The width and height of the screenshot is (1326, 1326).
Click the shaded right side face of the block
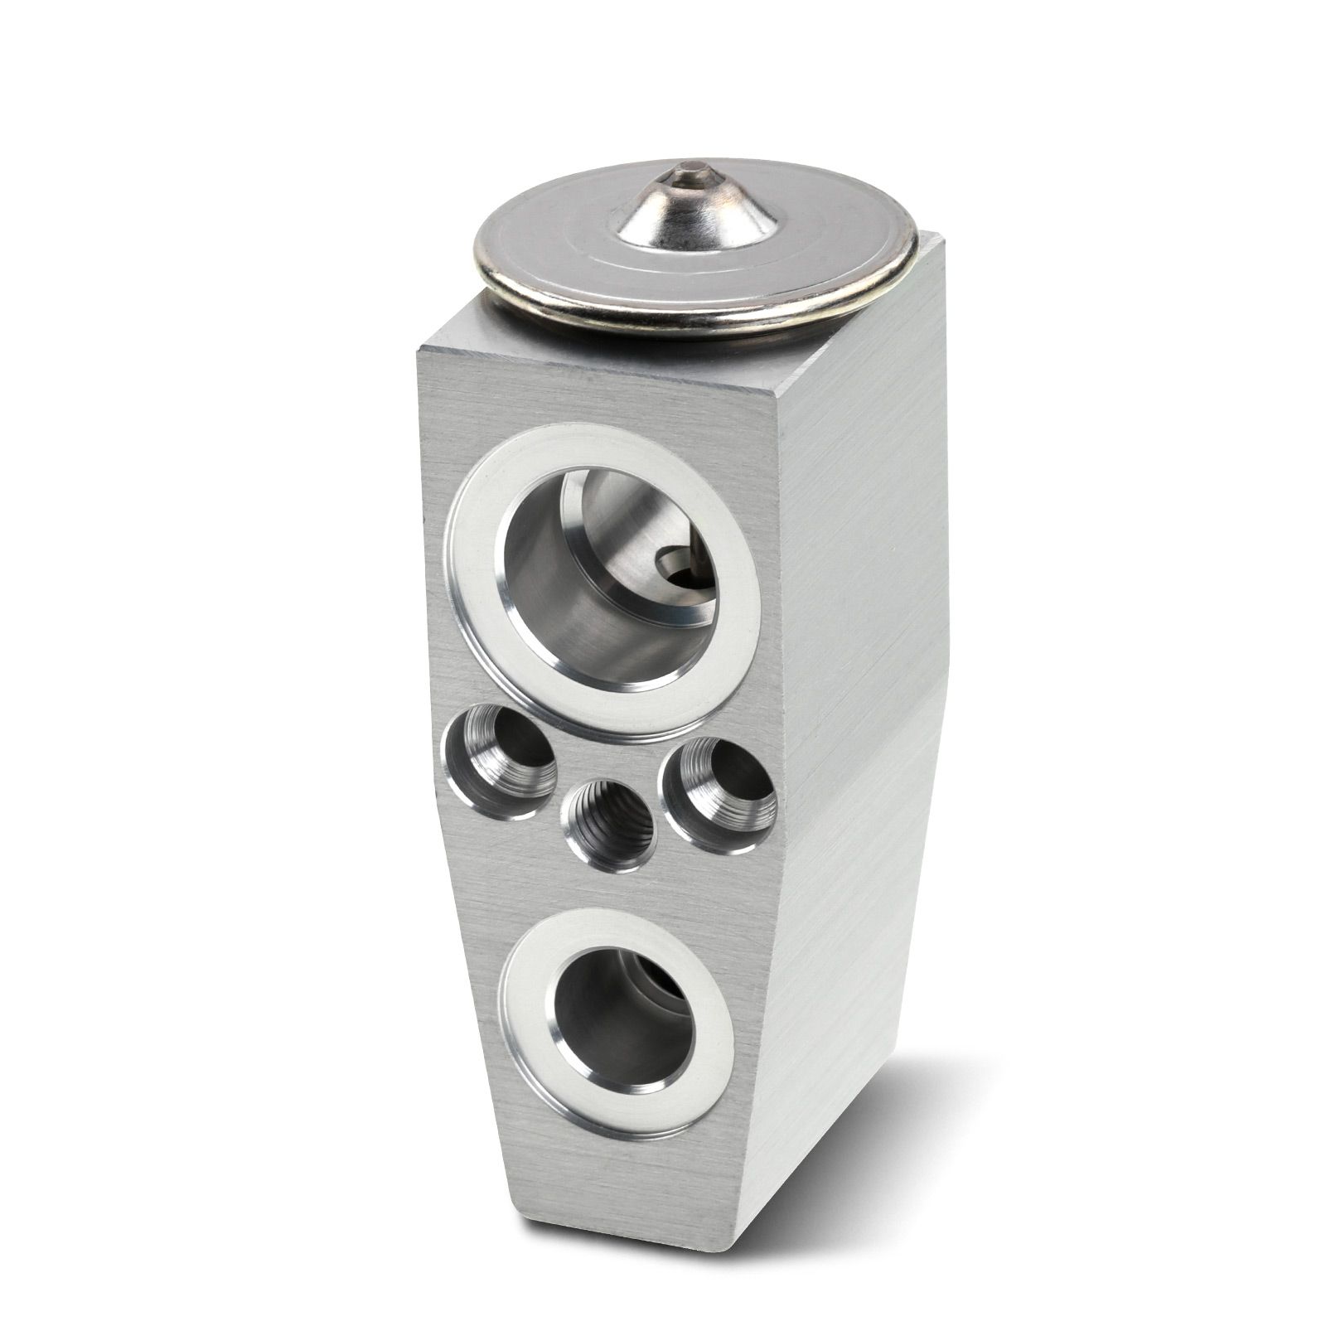click(862, 663)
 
